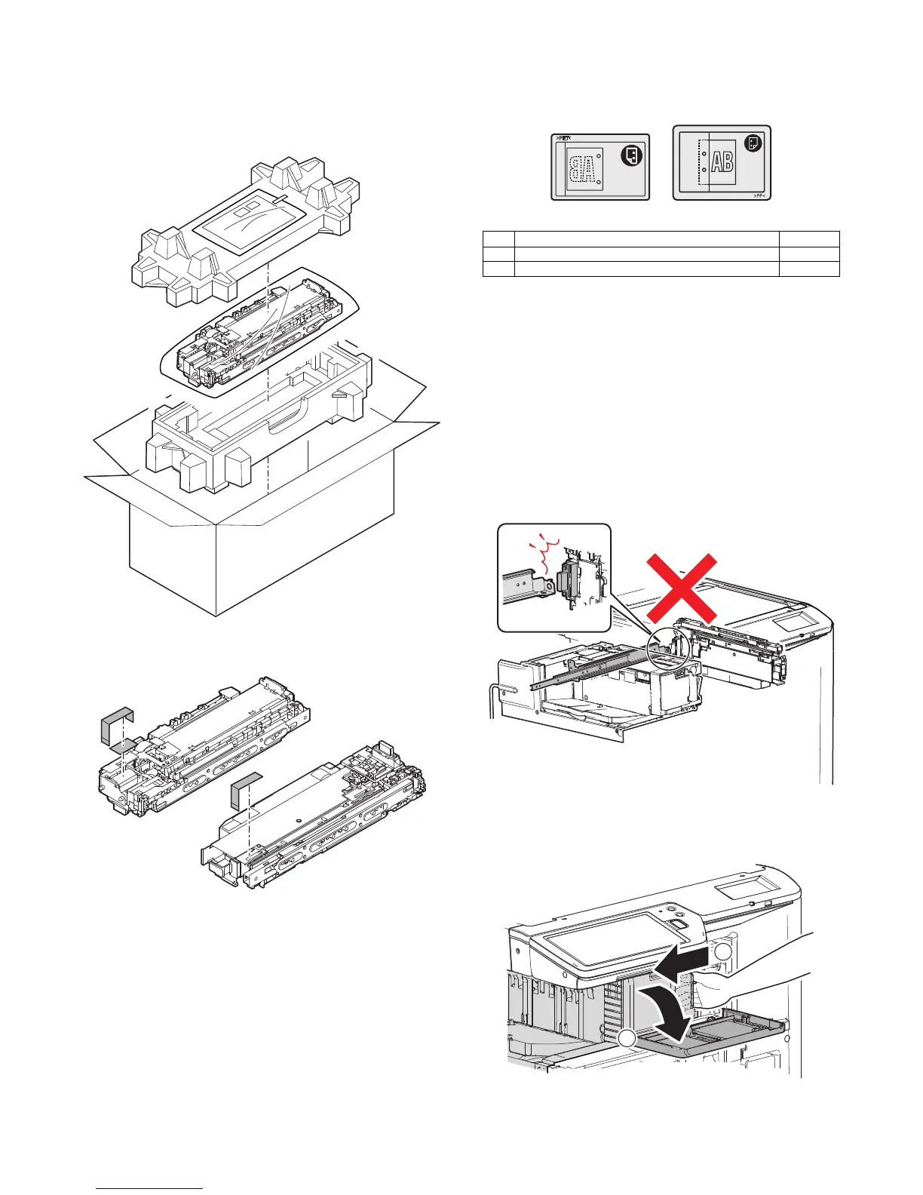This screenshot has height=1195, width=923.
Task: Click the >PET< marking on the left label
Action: coord(564,139)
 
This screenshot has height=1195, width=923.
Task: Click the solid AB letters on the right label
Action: coord(722,163)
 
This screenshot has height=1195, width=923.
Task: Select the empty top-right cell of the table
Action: coord(808,238)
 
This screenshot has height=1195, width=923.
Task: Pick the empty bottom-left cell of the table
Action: coord(498,269)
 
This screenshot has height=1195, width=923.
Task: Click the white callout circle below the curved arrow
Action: coord(627,1040)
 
